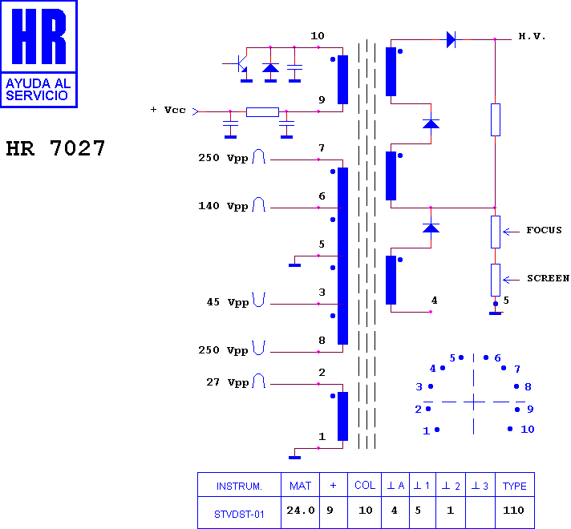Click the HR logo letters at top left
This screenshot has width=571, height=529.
coord(39,36)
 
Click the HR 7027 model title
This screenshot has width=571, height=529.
coord(55,148)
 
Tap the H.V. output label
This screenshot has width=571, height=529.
coord(532,36)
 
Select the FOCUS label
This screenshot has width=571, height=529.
coord(544,230)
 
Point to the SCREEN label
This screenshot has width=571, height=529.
coord(548,278)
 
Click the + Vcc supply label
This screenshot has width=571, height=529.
coord(168,110)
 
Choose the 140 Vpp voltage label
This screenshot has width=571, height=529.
coord(223,206)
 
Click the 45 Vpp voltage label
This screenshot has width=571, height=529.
coord(228,302)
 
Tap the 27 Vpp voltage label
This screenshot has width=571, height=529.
coord(228,382)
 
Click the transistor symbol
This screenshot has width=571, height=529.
coord(241,63)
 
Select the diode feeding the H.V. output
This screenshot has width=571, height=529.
coord(452,39)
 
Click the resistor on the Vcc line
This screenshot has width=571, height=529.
coord(262,111)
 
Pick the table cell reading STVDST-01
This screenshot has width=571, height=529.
coord(239,514)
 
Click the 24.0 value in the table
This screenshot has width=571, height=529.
coord(301,511)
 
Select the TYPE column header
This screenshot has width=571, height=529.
coord(515,486)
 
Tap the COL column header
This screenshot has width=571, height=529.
coord(365,485)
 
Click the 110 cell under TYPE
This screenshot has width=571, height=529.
coord(513,511)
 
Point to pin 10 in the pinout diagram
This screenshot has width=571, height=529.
coord(510,429)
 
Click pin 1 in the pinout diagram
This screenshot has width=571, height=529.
coord(437,430)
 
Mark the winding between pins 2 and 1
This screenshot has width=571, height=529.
coord(342,416)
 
